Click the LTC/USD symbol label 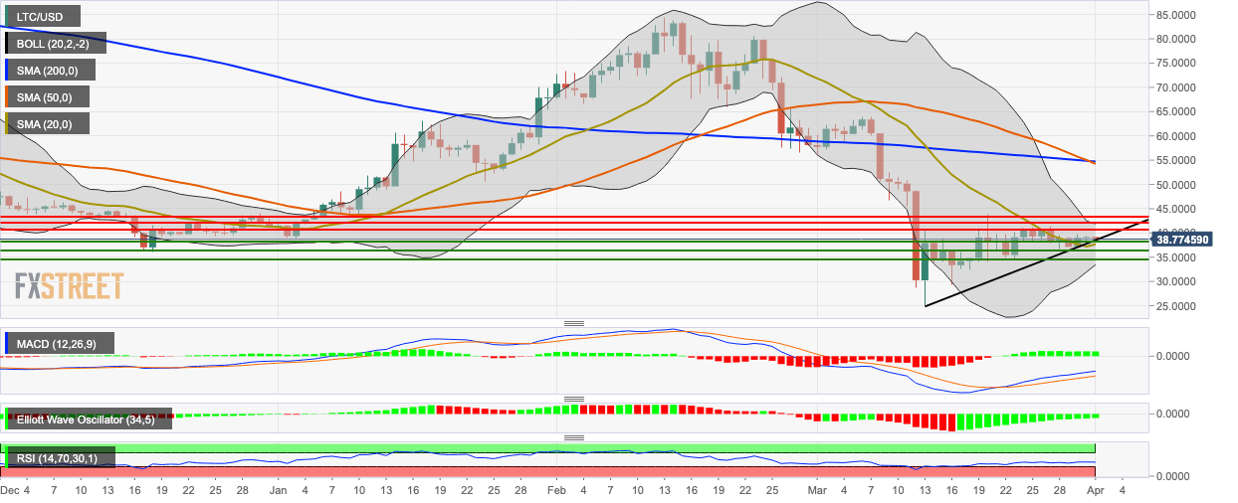pos(41,16)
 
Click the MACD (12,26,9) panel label pos(57,344)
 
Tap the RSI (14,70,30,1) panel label pos(59,458)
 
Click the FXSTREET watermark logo pos(69,286)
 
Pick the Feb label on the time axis pos(556,490)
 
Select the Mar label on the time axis pos(816,490)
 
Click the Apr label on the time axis pos(1095,490)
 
